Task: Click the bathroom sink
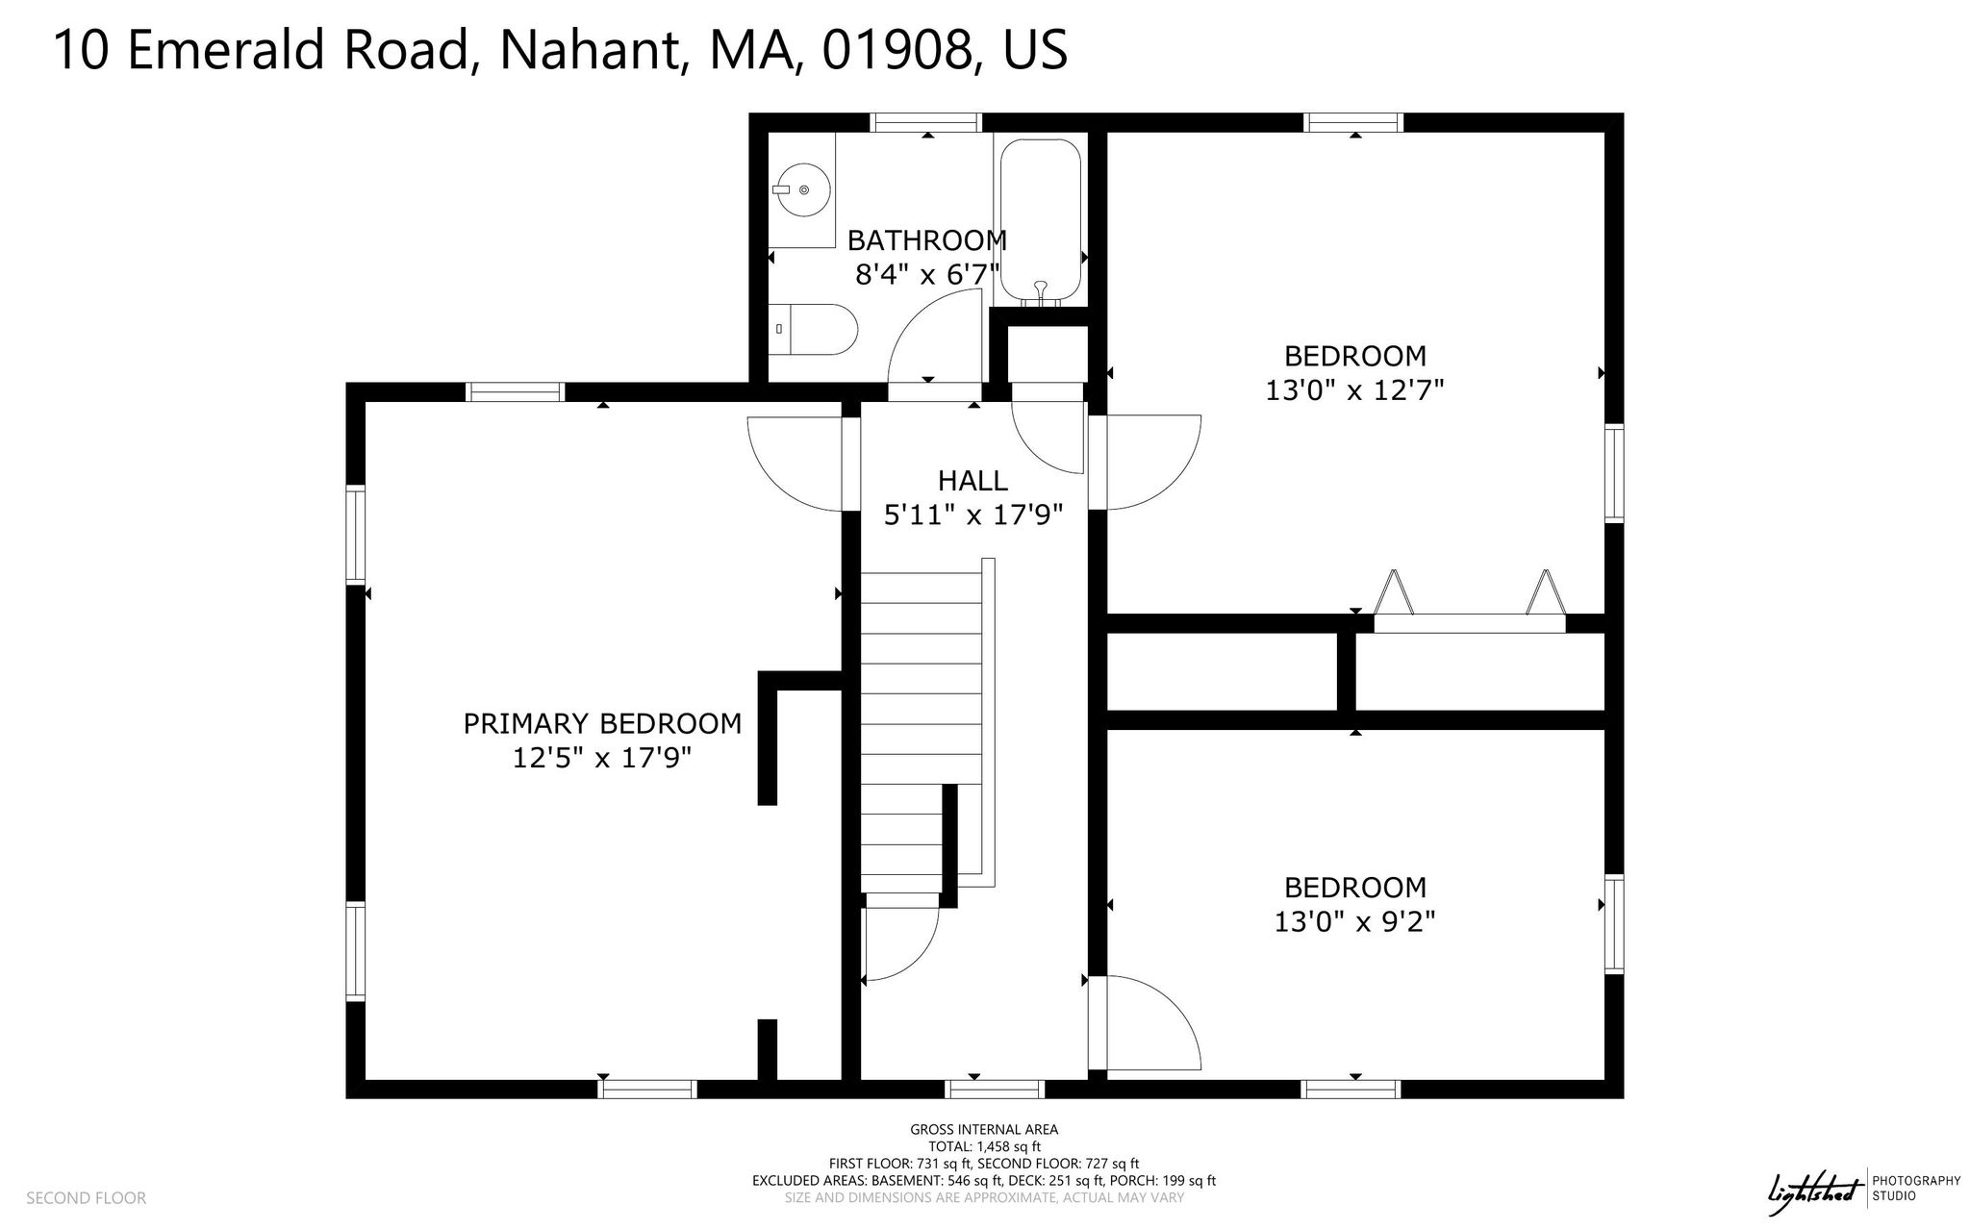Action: click(801, 190)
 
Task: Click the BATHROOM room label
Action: click(926, 239)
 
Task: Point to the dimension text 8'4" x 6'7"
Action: click(926, 275)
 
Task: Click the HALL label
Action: click(972, 480)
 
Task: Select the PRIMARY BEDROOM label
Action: click(602, 723)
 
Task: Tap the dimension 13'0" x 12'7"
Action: click(1354, 390)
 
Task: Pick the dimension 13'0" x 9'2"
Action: click(1354, 921)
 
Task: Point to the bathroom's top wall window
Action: click(925, 122)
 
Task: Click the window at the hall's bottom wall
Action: click(995, 1089)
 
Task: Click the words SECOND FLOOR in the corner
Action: click(86, 1197)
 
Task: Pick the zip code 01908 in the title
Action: click(896, 50)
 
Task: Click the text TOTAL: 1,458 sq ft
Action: click(984, 1146)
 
